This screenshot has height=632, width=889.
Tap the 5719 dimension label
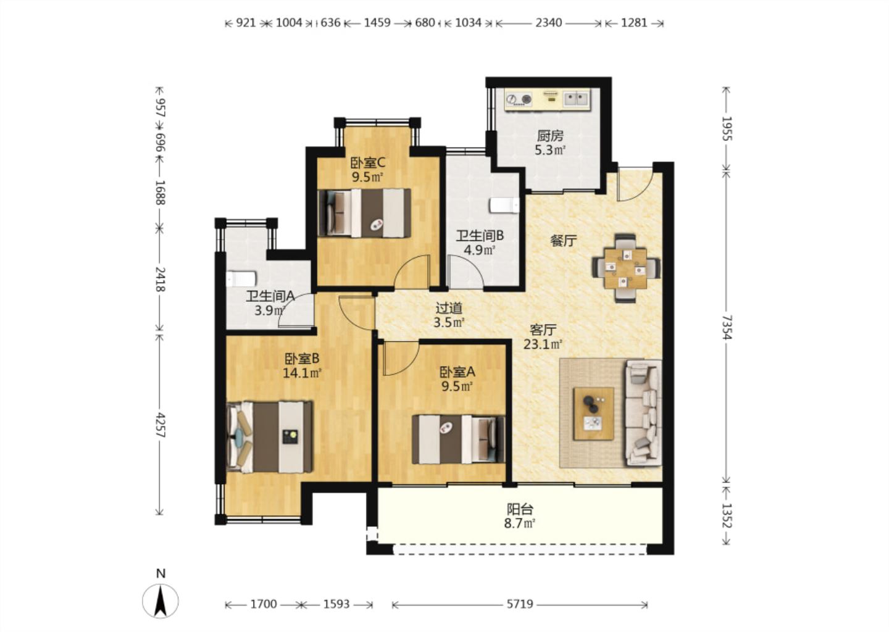pyautogui.click(x=520, y=604)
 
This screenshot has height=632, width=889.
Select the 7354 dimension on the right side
pyautogui.click(x=726, y=328)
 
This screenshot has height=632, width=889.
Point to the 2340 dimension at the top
pyautogui.click(x=548, y=23)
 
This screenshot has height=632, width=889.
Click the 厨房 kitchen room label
pyautogui.click(x=550, y=136)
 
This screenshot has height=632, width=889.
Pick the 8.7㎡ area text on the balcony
pyautogui.click(x=520, y=524)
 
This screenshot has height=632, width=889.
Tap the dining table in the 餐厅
pyautogui.click(x=626, y=268)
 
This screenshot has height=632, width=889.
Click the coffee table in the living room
pyautogui.click(x=594, y=414)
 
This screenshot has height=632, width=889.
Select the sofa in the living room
pyautogui.click(x=643, y=413)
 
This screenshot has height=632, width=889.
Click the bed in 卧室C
pyautogui.click(x=364, y=213)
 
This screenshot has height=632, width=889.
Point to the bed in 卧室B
pyautogui.click(x=269, y=437)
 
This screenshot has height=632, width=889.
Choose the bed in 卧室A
pyautogui.click(x=458, y=439)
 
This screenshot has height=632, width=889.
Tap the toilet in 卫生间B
pyautogui.click(x=504, y=206)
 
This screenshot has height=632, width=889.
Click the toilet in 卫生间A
pyautogui.click(x=241, y=278)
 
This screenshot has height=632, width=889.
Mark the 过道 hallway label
pyautogui.click(x=449, y=308)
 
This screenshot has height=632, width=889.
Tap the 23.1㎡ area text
pyautogui.click(x=543, y=344)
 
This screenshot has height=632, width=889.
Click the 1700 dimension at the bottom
pyautogui.click(x=264, y=604)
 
